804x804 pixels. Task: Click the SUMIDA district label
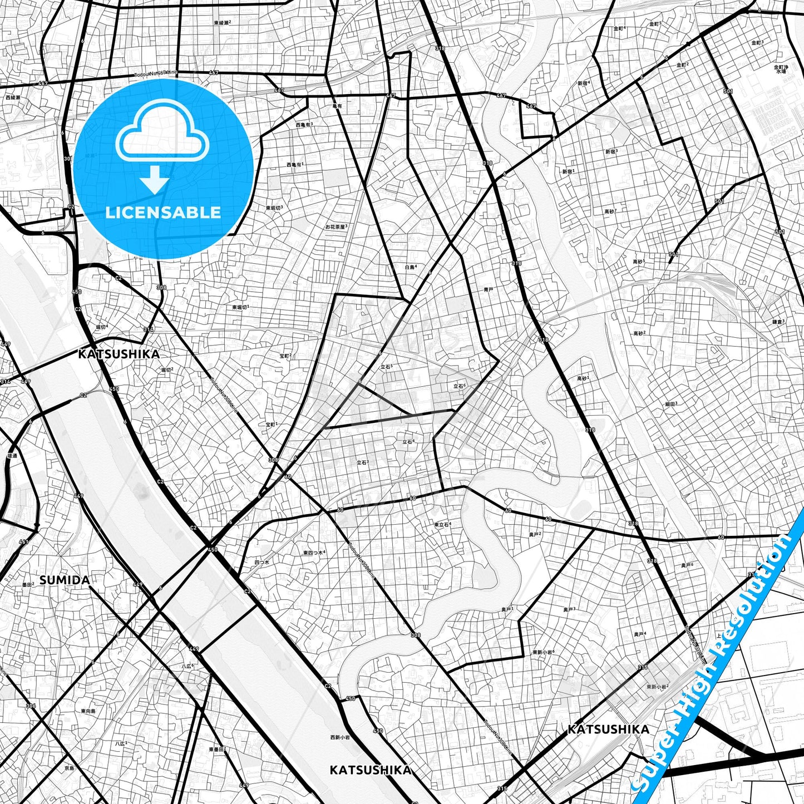click(65, 580)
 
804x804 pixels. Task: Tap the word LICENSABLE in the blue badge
click(163, 212)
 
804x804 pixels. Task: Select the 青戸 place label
click(489, 289)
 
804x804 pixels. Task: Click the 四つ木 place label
click(262, 563)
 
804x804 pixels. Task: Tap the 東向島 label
click(88, 711)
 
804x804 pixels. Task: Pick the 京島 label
click(69, 768)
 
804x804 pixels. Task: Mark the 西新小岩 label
click(339, 737)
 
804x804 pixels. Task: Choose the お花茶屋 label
click(336, 226)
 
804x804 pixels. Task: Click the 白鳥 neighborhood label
click(411, 267)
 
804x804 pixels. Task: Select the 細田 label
click(671, 404)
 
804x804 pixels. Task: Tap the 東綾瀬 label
click(222, 23)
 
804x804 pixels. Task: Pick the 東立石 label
click(442, 524)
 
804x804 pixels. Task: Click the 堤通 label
click(12, 455)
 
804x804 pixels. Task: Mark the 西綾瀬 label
click(12, 97)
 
